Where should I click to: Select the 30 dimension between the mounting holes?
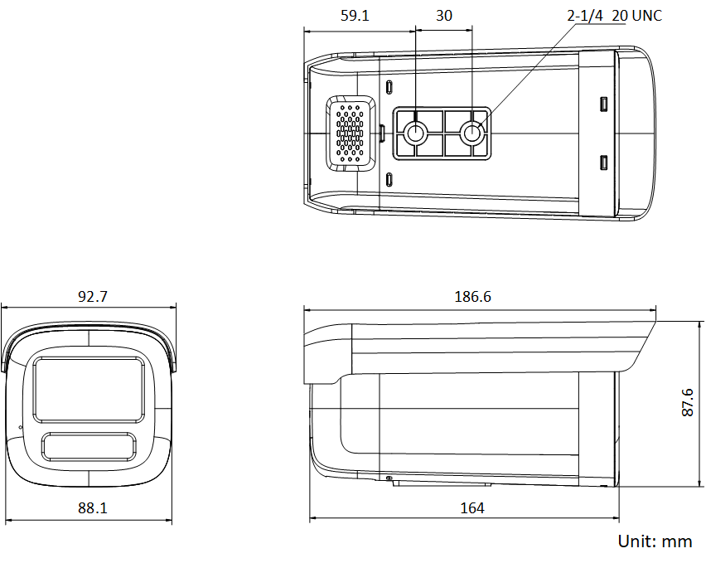(x=444, y=16)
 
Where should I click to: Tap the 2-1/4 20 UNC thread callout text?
(x=614, y=16)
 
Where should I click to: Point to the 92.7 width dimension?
(x=93, y=296)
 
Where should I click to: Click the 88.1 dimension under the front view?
(x=93, y=508)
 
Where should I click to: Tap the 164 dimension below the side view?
(x=472, y=508)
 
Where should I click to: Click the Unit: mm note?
(x=655, y=541)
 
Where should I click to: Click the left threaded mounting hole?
(x=416, y=133)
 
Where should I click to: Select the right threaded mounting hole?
(x=472, y=133)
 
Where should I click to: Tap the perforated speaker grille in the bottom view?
(x=351, y=133)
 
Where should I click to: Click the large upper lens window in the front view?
(x=88, y=386)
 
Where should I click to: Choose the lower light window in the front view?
(x=89, y=446)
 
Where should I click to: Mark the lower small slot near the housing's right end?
(x=604, y=162)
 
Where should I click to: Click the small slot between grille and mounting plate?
(x=382, y=131)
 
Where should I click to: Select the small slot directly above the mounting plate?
(x=389, y=88)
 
